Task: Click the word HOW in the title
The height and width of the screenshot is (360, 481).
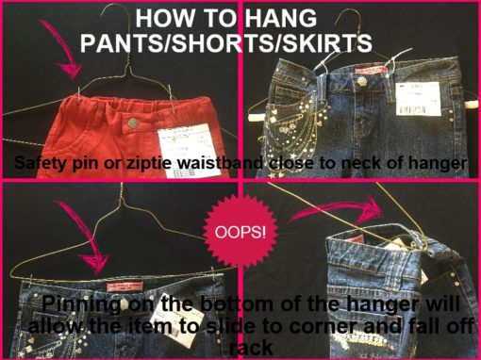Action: click(x=168, y=18)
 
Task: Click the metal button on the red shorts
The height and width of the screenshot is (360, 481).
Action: click(x=133, y=122)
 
